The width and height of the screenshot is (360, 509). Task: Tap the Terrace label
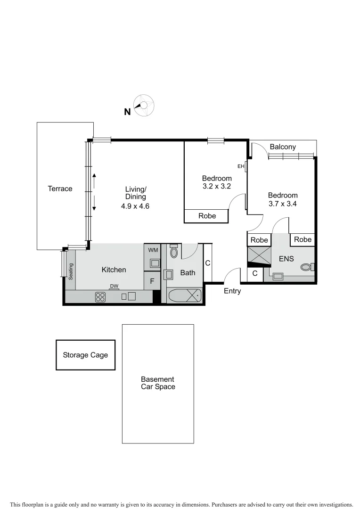pos(60,189)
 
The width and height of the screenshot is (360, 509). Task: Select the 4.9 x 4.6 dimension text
pos(135,206)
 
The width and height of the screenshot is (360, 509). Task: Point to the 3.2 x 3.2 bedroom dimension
pos(217,186)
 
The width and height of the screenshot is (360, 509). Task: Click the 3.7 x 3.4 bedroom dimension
pos(283,204)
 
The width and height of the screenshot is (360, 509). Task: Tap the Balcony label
pos(283,147)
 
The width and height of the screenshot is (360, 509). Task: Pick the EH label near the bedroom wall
pos(241,166)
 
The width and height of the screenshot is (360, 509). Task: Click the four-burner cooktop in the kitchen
pos(100,296)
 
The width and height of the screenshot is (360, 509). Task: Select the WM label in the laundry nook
pos(153,250)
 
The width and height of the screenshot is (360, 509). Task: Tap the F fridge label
pos(152,281)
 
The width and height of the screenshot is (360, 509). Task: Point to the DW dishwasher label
pos(114,286)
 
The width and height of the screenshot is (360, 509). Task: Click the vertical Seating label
pos(71,271)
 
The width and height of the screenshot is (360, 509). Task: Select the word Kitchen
pos(114,270)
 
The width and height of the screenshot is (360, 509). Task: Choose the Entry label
pos(232,291)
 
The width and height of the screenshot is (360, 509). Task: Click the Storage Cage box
pos(85,354)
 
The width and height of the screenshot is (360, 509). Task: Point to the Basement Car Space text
pos(158,383)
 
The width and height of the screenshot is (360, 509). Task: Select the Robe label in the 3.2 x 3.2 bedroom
pos(207,216)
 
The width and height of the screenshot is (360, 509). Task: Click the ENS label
pos(286,259)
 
